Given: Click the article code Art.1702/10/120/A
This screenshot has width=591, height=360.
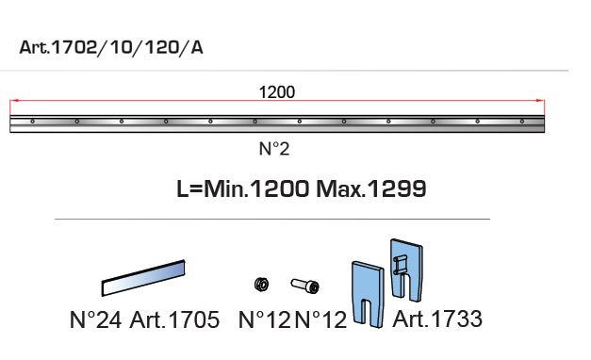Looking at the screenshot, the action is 111,47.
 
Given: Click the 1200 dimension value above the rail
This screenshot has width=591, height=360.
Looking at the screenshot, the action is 277,92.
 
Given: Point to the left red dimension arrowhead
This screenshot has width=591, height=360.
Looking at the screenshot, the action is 14,101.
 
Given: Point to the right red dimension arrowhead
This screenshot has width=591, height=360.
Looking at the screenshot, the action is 540,101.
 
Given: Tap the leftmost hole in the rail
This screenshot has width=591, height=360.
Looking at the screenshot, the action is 33,122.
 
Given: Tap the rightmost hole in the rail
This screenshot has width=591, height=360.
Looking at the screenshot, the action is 522,122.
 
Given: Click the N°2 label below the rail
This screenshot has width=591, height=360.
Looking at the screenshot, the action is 274,149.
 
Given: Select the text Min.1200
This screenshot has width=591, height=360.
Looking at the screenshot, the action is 256,188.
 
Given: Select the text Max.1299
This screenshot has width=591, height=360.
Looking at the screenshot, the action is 371,188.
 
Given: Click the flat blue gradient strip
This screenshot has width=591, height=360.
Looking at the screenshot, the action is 143,278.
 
